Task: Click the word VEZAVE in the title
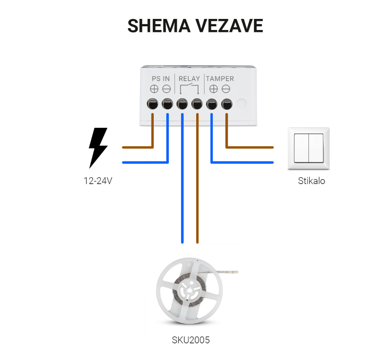229,26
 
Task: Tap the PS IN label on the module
161,79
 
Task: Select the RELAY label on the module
189,79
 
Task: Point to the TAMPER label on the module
220,79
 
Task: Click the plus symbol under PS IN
154,89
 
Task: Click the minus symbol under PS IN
166,89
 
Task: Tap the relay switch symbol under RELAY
189,89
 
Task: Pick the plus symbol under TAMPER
213,89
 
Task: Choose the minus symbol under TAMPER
226,89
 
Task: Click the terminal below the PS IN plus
152,104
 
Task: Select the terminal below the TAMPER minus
227,104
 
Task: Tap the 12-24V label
98,181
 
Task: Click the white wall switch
309,149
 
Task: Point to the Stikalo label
312,181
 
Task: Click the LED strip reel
190,291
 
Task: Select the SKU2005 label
191,340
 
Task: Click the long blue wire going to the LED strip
182,178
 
